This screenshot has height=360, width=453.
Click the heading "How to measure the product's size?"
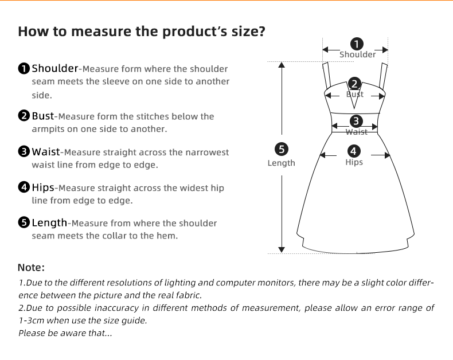tap(141, 31)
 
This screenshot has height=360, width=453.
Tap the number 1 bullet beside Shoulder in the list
tap(24, 69)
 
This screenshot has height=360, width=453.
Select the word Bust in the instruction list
tap(42, 116)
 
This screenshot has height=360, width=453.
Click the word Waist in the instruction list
tap(45, 152)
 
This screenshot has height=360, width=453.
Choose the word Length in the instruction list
tap(49, 223)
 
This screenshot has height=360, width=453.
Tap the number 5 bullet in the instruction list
tap(24, 223)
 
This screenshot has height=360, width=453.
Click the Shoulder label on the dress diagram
tap(357, 54)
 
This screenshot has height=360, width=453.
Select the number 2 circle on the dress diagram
tap(355, 84)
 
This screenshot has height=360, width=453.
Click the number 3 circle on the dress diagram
tap(356, 121)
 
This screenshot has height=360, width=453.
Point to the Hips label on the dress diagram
tap(354, 162)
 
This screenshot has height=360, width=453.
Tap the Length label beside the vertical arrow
tap(282, 163)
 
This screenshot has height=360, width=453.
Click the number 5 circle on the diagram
tap(282, 150)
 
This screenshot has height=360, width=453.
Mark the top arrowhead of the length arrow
tap(282, 65)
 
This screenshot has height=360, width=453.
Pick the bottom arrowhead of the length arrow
tap(282, 249)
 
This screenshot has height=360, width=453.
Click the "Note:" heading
tap(31, 268)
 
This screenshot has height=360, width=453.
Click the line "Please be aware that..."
tap(65, 333)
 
